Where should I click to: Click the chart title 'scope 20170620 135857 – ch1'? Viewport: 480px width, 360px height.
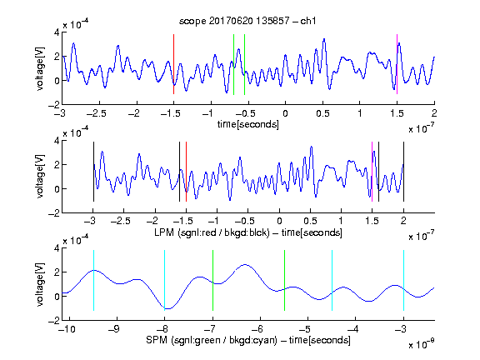coord(247,21)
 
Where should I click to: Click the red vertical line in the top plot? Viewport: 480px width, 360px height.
coord(173,64)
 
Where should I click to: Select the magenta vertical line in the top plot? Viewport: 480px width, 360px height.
coord(397,64)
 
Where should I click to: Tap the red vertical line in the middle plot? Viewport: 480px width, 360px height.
coord(186,172)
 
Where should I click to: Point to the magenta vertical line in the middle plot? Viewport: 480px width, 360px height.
coord(372,172)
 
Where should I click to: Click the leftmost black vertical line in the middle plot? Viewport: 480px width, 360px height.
coord(93,172)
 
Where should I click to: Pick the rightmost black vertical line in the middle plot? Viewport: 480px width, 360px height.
coord(403,172)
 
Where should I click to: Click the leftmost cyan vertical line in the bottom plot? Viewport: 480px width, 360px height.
coord(93,280)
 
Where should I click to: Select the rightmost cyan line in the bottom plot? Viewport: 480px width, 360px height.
coord(403,280)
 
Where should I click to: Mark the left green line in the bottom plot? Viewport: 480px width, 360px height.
coord(212,280)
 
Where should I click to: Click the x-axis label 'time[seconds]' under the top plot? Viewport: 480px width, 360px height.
coord(248,124)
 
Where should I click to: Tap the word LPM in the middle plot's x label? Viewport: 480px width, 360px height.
coord(164,232)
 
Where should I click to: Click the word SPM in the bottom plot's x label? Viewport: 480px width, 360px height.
coord(157,340)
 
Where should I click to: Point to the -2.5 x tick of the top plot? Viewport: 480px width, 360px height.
coord(97,113)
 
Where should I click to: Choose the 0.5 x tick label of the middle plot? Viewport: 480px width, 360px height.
coord(310,221)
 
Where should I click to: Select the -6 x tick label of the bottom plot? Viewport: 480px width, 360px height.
coord(257,329)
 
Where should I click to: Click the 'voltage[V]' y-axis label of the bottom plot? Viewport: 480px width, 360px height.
coord(40,284)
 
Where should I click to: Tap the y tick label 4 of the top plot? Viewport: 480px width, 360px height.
coord(57,32)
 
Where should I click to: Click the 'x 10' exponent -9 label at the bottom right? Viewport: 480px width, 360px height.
coord(422,344)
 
